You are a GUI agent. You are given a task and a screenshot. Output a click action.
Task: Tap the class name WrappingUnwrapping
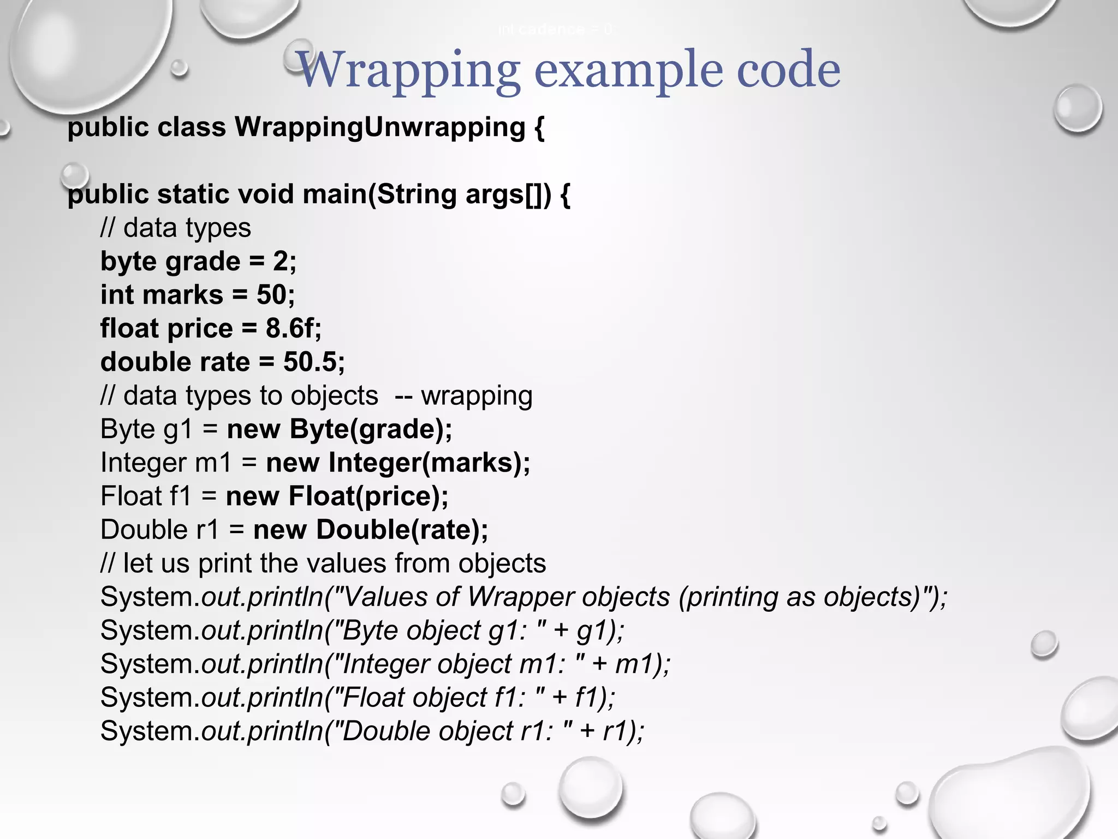click(380, 128)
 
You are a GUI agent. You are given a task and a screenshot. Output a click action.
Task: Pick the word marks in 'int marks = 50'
click(186, 296)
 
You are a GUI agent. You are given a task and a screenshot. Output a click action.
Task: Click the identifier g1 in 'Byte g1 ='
click(179, 430)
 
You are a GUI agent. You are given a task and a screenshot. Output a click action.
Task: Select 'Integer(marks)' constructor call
click(425, 463)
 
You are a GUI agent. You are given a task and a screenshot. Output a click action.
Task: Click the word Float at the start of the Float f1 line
click(131, 497)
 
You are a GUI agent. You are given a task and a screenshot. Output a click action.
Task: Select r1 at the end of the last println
click(615, 731)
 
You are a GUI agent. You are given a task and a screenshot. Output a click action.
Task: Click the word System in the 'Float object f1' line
click(147, 698)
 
